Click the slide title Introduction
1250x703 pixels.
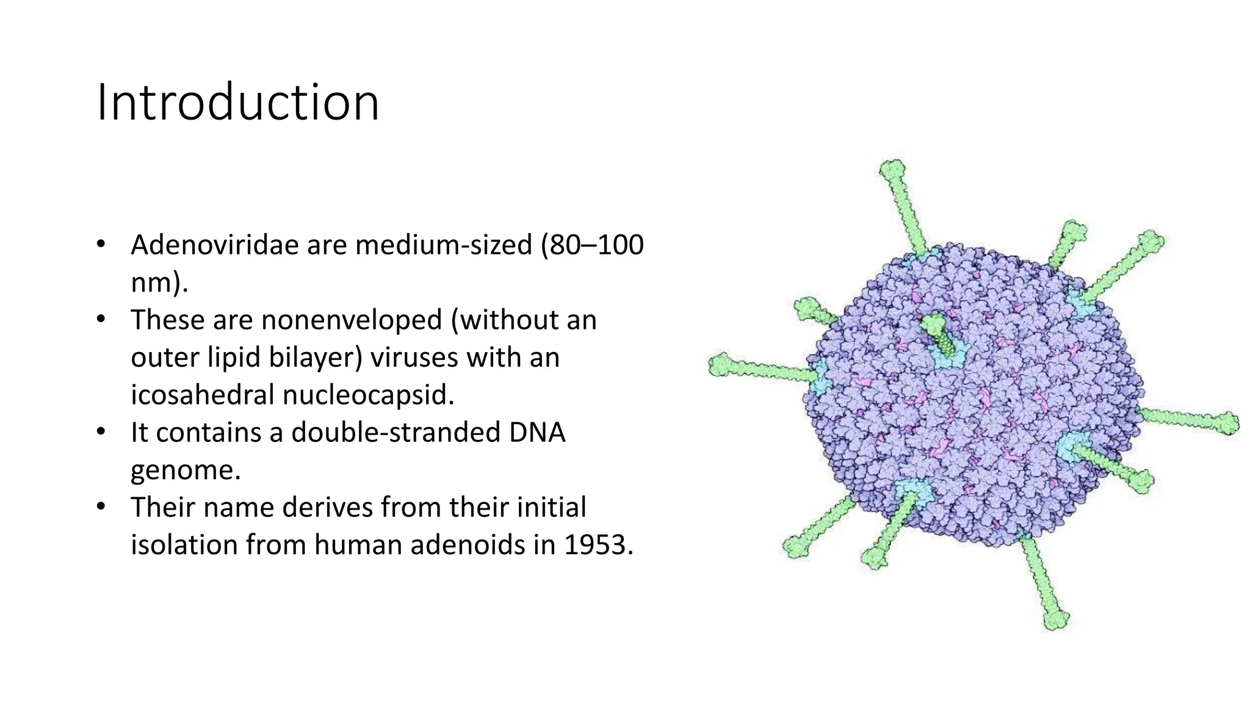coord(238,103)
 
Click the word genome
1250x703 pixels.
coord(186,470)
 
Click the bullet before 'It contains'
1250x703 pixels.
coord(101,432)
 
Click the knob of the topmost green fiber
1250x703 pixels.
coord(892,169)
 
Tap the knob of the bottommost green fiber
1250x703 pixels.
coord(1056,619)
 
